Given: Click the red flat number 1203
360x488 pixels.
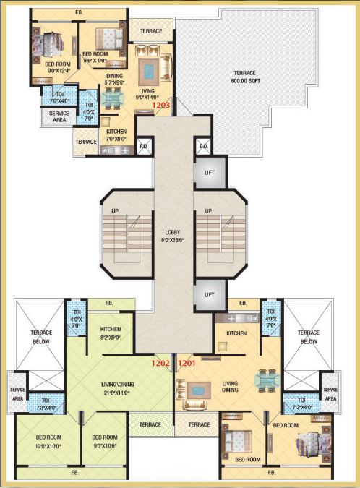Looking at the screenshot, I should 160,106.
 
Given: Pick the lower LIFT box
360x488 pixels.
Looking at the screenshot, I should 210,295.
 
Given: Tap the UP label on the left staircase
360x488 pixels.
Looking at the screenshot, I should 114,210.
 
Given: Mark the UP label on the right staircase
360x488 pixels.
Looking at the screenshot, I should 208,210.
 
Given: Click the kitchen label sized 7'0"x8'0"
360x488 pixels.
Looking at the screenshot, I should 116,134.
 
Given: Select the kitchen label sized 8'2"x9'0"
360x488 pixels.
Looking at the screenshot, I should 111,333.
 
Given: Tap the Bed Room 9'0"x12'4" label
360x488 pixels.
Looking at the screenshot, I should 43,67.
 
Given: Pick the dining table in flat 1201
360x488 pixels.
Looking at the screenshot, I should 267,379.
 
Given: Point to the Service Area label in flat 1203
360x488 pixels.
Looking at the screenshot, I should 59,116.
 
